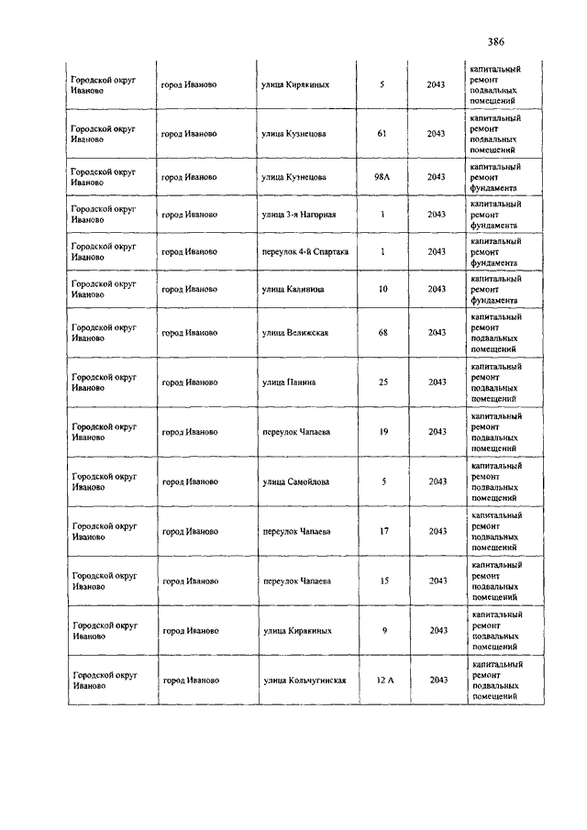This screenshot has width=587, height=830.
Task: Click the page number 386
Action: point(496,41)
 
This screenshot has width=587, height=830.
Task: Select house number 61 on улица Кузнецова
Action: point(382,134)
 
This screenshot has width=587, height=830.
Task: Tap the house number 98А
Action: point(382,177)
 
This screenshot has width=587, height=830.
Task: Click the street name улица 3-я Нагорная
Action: point(299,215)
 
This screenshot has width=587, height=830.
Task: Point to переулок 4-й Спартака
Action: point(305,251)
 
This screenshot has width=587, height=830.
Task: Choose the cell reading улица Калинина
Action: point(293,289)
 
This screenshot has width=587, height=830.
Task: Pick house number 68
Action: point(382,332)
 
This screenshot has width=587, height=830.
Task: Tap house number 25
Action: point(382,382)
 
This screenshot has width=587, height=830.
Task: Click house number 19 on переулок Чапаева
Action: point(382,431)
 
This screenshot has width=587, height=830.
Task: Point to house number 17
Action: point(382,531)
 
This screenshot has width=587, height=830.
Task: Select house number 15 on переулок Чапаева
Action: point(382,581)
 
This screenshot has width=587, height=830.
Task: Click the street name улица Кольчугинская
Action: point(304,681)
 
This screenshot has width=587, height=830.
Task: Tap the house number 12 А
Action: point(385,681)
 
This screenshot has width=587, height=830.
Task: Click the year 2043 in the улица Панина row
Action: point(437,382)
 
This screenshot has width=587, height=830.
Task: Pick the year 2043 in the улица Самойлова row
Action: point(437,481)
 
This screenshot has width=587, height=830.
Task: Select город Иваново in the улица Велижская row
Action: point(189,332)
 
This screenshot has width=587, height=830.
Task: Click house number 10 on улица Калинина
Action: point(382,289)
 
